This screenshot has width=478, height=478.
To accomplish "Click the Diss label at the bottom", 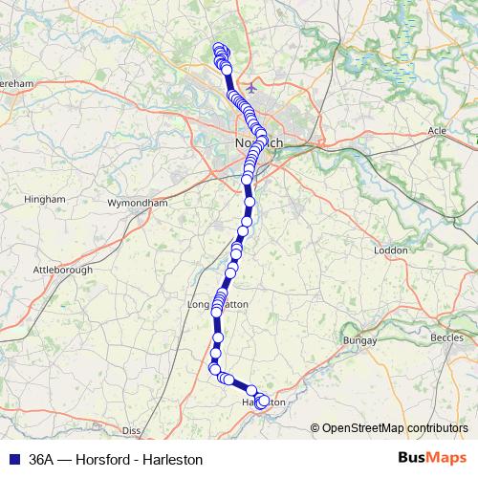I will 132,430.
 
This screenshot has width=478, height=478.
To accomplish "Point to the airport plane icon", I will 251,89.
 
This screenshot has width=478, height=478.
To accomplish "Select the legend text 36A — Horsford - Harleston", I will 116,459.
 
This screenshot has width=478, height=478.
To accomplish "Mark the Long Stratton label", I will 218,305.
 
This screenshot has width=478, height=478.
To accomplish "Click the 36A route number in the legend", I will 41,459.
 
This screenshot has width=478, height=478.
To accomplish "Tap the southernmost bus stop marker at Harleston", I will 261,406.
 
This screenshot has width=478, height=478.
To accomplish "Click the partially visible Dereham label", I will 17,83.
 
